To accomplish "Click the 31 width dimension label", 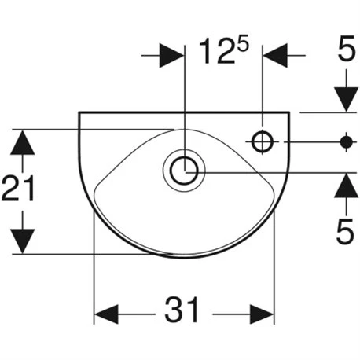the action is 182,310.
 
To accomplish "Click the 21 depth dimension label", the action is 18,188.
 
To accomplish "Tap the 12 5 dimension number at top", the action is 223,51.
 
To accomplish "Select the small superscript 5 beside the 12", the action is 241,46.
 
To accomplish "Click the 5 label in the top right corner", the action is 347,48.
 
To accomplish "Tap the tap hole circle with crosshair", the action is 263,141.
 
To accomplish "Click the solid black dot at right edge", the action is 347,142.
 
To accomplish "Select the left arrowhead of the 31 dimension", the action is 106,314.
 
